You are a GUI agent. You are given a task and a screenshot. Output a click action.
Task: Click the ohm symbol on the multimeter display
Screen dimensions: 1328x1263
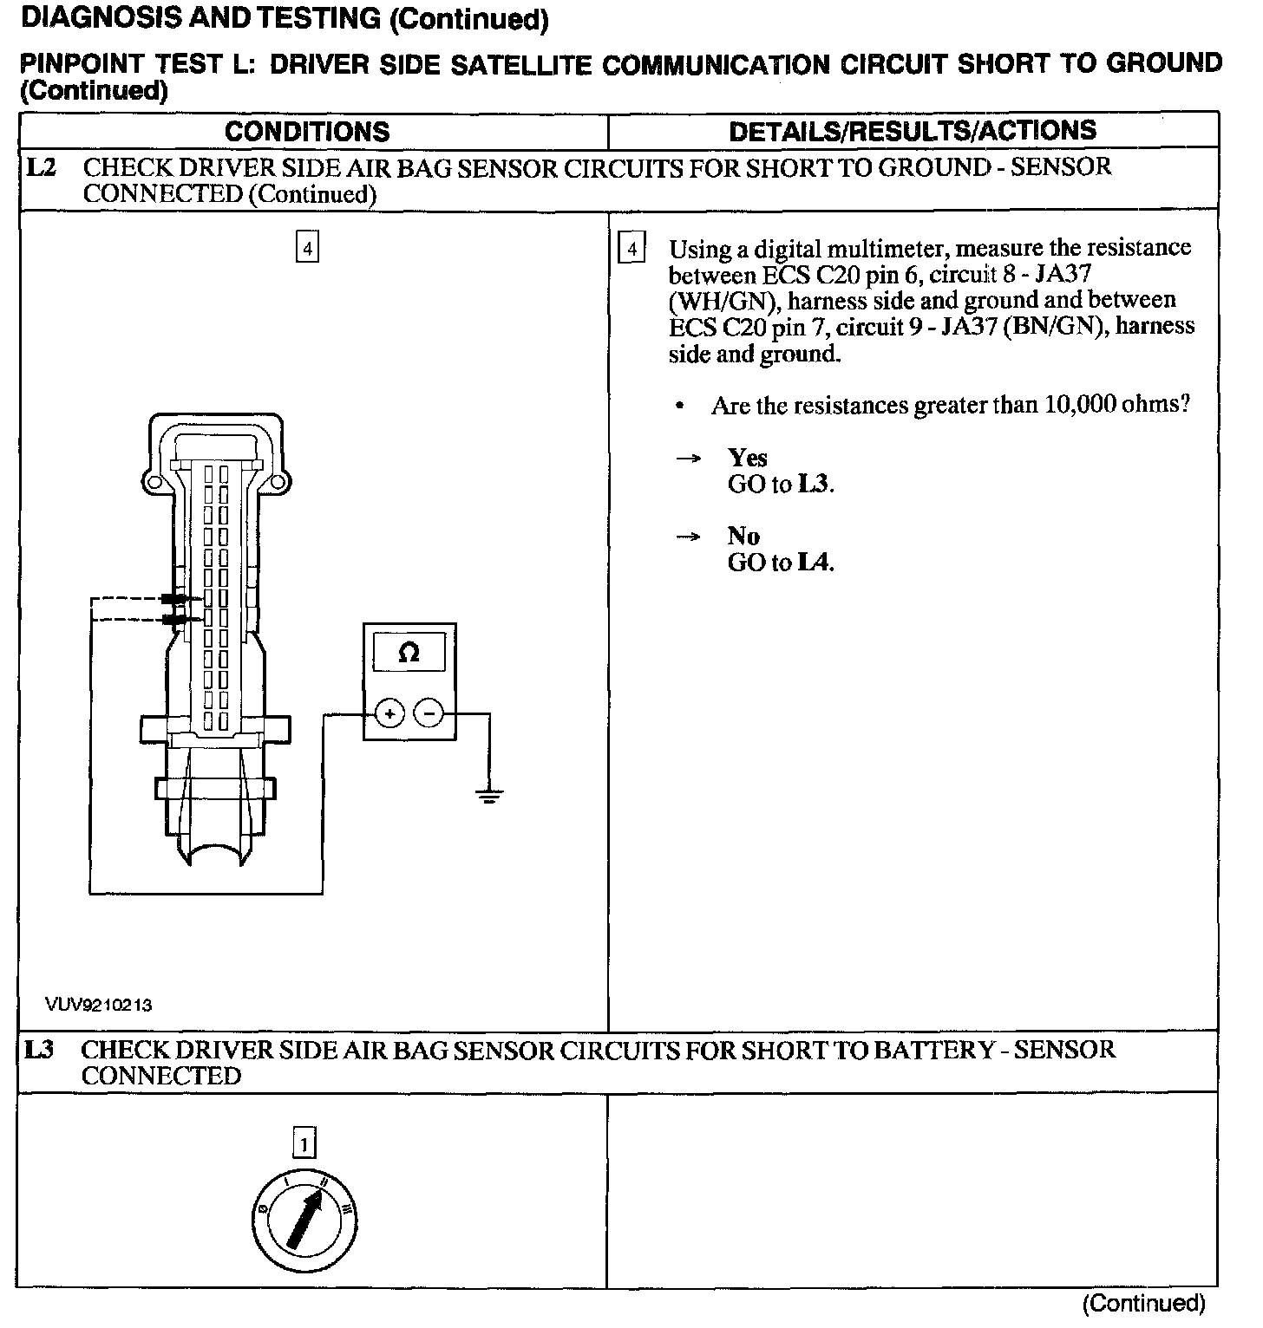409,652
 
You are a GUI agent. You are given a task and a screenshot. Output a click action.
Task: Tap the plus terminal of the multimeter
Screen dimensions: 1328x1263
389,713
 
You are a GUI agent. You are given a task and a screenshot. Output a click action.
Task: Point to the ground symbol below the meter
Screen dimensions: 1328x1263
490,795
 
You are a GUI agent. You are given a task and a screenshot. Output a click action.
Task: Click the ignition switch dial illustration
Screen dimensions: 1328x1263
304,1221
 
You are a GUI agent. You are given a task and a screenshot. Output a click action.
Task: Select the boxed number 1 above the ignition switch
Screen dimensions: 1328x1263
304,1144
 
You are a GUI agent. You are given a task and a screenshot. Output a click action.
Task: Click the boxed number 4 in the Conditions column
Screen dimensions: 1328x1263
307,248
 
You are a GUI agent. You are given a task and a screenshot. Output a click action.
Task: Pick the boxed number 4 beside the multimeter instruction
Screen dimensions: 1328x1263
631,250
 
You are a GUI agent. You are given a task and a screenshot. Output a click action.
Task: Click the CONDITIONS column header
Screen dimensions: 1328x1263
307,132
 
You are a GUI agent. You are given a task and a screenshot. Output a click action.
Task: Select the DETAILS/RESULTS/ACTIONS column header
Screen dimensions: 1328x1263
913,131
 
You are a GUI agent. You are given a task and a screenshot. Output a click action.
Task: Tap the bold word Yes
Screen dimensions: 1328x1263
747,458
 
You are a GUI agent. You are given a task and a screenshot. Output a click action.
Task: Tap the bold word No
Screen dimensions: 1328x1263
743,537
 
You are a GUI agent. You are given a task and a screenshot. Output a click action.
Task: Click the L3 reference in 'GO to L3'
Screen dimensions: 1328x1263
813,485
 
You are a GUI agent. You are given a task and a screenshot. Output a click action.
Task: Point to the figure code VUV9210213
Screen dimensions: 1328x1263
100,1005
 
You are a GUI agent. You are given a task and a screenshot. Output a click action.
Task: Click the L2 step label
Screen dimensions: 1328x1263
42,167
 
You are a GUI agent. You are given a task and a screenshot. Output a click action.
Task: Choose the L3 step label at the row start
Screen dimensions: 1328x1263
40,1050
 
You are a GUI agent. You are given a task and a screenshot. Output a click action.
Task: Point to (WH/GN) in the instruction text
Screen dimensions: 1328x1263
722,302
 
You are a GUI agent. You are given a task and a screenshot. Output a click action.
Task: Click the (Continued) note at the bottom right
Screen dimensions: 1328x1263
1143,1303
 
